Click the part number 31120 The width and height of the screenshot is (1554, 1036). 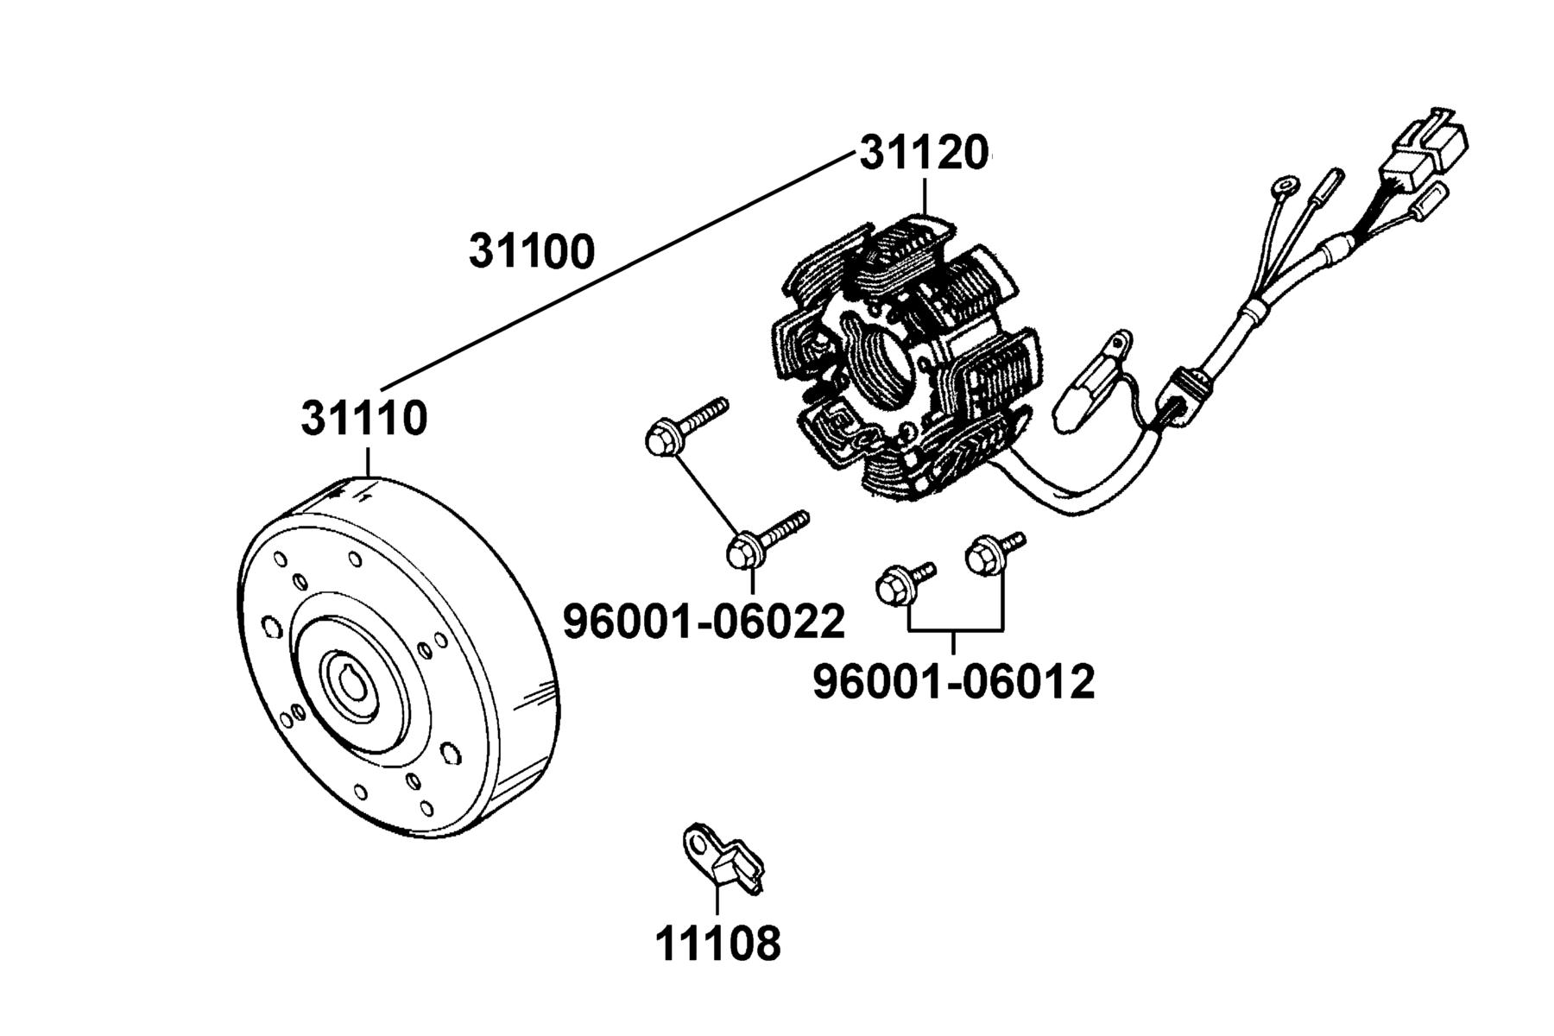click(923, 155)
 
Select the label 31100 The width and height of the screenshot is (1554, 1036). click(532, 251)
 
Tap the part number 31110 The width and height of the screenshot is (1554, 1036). click(364, 419)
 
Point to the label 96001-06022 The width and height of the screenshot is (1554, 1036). click(704, 622)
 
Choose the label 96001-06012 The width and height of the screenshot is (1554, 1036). click(954, 682)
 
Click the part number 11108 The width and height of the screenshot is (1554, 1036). click(718, 943)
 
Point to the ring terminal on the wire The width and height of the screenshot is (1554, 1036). click(1285, 186)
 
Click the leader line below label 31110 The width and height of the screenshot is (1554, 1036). click(369, 463)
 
